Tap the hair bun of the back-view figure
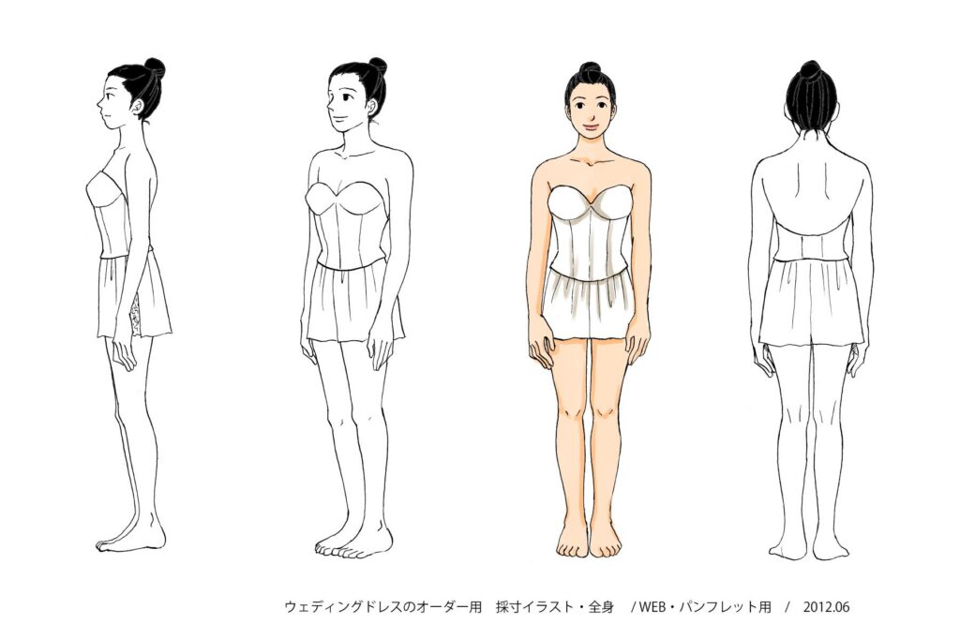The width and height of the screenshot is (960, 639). [810, 69]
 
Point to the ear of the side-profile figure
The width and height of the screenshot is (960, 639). [140, 109]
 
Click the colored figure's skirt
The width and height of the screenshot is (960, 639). [589, 305]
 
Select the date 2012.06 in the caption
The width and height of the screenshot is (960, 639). [826, 607]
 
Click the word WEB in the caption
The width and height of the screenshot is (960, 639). [658, 607]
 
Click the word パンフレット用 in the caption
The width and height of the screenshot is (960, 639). [731, 607]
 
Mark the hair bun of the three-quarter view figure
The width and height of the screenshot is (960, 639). [377, 66]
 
